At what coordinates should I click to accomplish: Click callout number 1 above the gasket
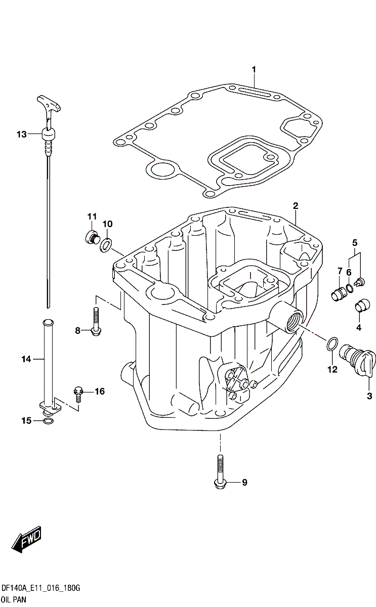(254, 69)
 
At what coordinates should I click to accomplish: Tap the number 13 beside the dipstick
(21, 134)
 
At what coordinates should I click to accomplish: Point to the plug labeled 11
(91, 237)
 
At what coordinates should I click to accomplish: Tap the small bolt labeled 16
(78, 392)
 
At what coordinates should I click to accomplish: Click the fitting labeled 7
(337, 293)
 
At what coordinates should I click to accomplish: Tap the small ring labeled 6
(349, 289)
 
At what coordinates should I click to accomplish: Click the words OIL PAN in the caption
(13, 599)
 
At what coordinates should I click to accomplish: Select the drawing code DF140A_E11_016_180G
(41, 588)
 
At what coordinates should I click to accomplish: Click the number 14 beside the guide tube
(26, 359)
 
